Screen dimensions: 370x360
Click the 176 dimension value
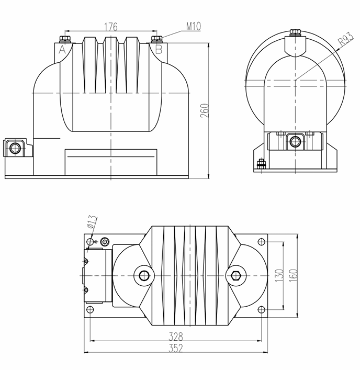(x=110, y=26)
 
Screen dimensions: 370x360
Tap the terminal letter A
(x=62, y=50)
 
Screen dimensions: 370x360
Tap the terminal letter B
(x=159, y=50)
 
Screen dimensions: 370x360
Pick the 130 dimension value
(x=279, y=275)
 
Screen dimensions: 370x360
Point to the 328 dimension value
(x=176, y=337)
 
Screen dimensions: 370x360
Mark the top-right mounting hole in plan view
(x=262, y=242)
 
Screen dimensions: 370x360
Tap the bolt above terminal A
(x=66, y=39)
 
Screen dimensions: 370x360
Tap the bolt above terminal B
(x=155, y=39)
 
